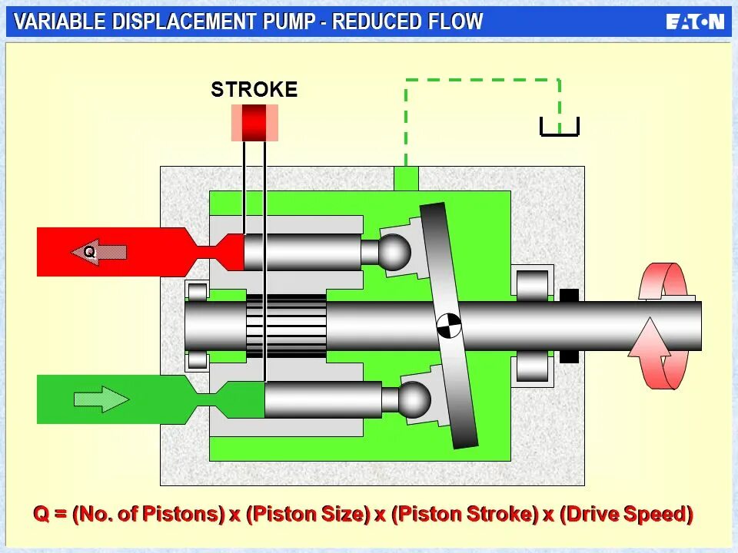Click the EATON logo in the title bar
click(x=694, y=22)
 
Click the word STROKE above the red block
click(x=254, y=90)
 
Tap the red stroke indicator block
click(x=254, y=123)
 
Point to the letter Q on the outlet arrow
click(x=89, y=251)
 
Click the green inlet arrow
click(x=101, y=399)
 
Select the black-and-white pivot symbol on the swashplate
click(x=448, y=326)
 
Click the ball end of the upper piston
click(x=395, y=252)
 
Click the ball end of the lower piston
click(x=414, y=399)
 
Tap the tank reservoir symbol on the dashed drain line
click(x=559, y=127)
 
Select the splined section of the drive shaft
click(x=286, y=326)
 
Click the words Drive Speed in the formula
click(x=626, y=514)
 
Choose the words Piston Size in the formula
click(x=307, y=514)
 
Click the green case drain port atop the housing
click(x=405, y=179)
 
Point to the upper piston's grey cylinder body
click(x=304, y=252)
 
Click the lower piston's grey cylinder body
click(x=323, y=399)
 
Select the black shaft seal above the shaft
click(x=569, y=295)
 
